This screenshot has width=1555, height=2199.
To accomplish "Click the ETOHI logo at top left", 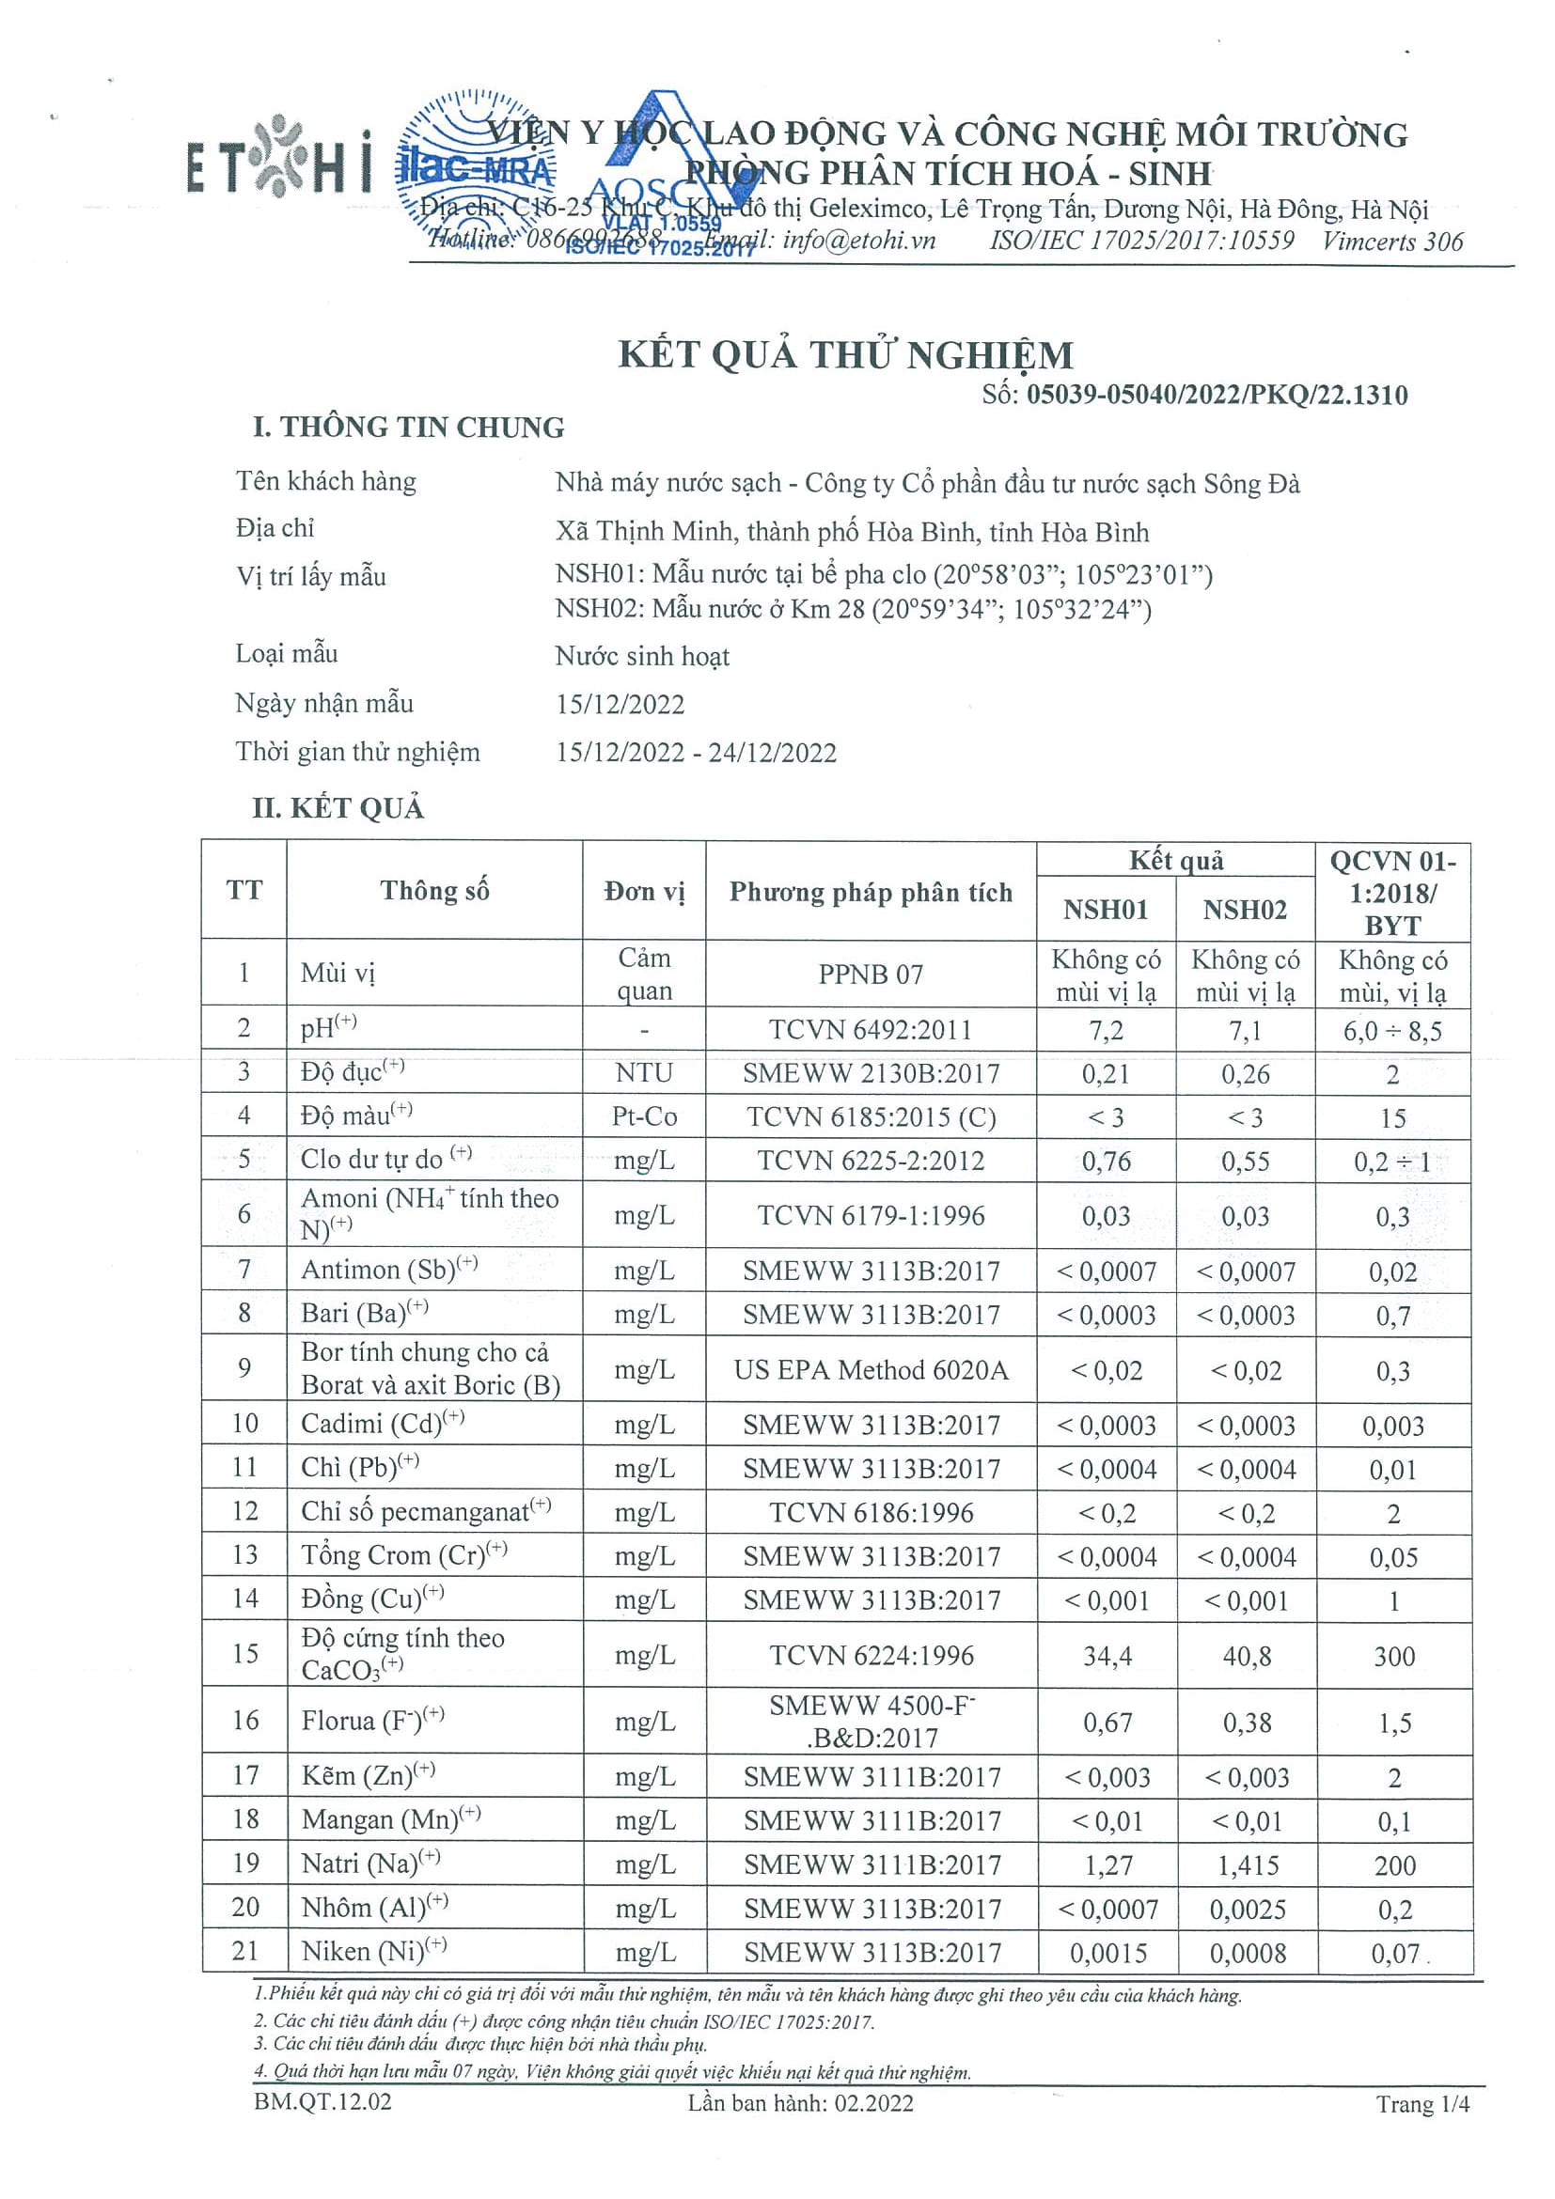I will [x=277, y=157].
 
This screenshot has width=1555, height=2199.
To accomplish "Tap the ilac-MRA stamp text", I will [x=475, y=170].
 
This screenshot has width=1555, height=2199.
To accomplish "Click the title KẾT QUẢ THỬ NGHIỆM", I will [x=845, y=354].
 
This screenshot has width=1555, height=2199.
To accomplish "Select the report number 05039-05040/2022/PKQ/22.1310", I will [x=1216, y=395].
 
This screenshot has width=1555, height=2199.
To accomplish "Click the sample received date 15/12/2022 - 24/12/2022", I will [x=696, y=752].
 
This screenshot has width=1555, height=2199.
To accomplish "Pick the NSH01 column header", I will [x=1105, y=909].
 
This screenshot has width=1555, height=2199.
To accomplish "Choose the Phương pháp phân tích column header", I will [x=870, y=892].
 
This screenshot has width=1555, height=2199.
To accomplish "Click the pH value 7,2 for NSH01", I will [x=1105, y=1031].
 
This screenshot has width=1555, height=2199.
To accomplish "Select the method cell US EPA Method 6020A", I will [x=870, y=1370].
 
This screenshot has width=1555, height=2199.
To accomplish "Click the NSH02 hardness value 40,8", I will [x=1246, y=1656].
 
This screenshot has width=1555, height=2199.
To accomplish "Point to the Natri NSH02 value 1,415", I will [x=1246, y=1864].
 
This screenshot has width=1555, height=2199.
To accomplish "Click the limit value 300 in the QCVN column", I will [x=1393, y=1656].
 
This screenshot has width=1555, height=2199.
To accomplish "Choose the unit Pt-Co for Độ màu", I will [x=644, y=1116].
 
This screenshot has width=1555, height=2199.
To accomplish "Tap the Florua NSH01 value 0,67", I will [x=1107, y=1723].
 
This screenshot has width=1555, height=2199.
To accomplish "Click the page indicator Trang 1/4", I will [x=1421, y=2103].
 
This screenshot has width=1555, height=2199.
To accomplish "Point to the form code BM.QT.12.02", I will [x=322, y=2102].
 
